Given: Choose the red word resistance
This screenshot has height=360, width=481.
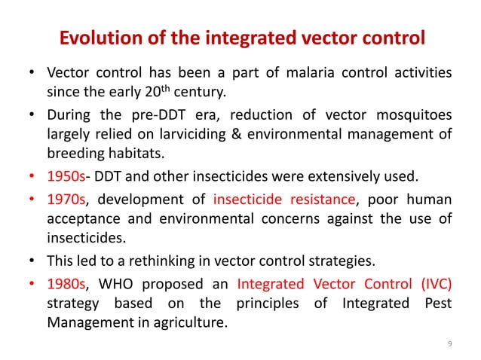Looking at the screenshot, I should (320, 200).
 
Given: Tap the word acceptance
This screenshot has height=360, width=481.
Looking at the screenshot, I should (81, 219).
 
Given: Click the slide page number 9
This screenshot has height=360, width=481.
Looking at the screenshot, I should (449, 344).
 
